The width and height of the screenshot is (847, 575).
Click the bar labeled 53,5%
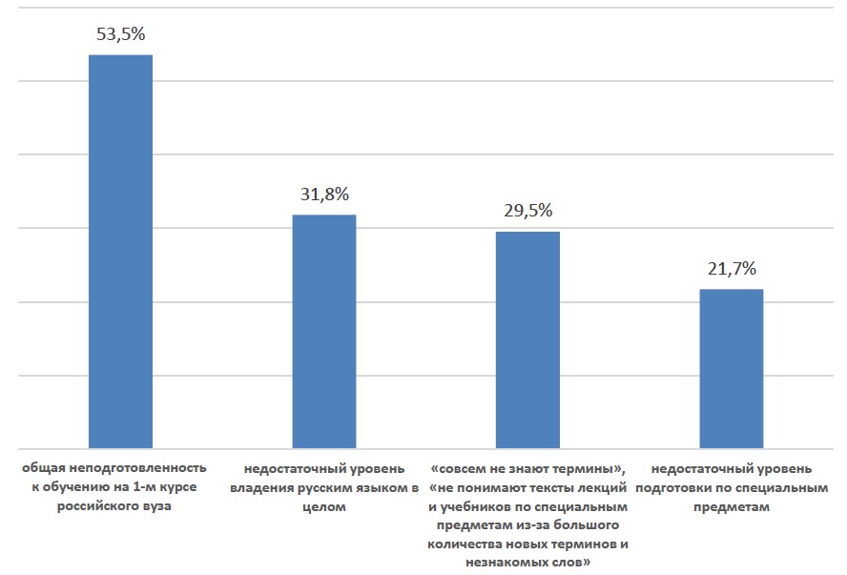(120, 251)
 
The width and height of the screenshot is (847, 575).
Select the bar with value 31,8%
(323, 331)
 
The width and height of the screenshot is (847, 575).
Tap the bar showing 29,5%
(527, 339)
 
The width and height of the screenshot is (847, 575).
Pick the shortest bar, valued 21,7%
(732, 368)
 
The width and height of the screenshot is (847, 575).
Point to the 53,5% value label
(120, 34)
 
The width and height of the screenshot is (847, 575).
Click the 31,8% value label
(323, 194)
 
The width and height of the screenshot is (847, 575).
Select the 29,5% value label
(527, 211)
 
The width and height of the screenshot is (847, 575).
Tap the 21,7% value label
(732, 268)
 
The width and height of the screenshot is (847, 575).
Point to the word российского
(102, 506)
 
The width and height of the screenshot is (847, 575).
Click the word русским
(330, 488)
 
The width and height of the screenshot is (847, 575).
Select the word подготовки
(683, 488)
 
